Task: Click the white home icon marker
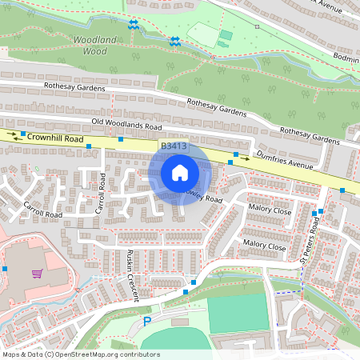pyautogui.click(x=180, y=172)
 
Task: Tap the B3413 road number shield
pyautogui.click(x=174, y=147)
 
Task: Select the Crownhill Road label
pyautogui.click(x=55, y=138)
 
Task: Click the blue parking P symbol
pyautogui.click(x=146, y=321)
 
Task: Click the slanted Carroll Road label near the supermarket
pyautogui.click(x=42, y=210)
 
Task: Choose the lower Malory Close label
pyautogui.click(x=264, y=245)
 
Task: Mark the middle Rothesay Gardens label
pyautogui.click(x=216, y=106)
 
